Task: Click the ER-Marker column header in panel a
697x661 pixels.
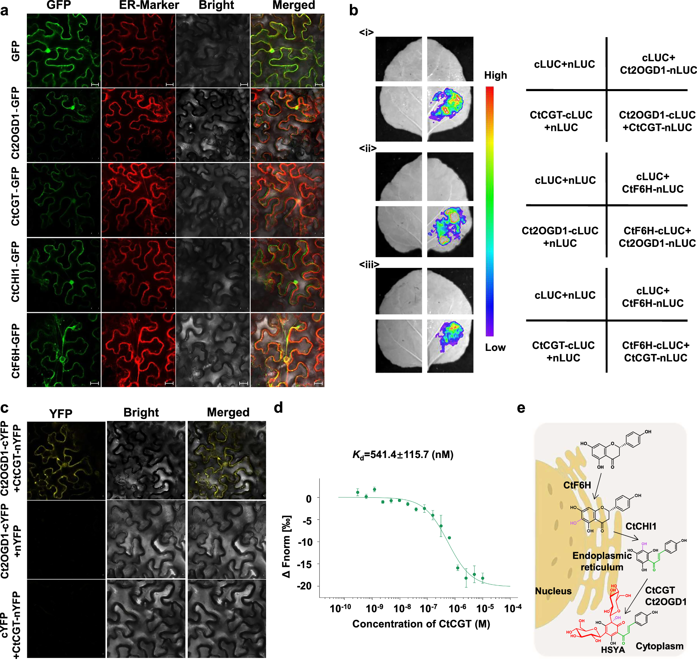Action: pos(149,5)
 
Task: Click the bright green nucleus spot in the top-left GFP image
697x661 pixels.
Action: pos(48,51)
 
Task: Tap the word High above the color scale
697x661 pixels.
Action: pos(495,75)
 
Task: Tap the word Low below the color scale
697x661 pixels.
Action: pos(495,348)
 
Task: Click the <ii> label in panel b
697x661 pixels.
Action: pos(367,148)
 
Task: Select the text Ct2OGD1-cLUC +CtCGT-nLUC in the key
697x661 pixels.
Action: pos(657,121)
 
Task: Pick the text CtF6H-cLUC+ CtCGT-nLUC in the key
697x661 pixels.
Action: pos(655,351)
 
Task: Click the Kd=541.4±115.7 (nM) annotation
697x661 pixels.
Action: pos(403,455)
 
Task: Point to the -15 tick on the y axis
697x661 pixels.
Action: pos(305,564)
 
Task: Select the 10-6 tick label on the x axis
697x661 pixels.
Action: pos(457,608)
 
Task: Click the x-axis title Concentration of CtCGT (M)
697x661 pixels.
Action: pos(421,624)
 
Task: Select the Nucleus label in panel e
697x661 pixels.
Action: pos(553,591)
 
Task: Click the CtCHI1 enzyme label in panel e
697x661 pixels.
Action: pos(641,526)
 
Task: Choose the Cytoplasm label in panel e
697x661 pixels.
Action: pos(659,646)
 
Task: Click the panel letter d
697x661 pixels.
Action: pos(278,408)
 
